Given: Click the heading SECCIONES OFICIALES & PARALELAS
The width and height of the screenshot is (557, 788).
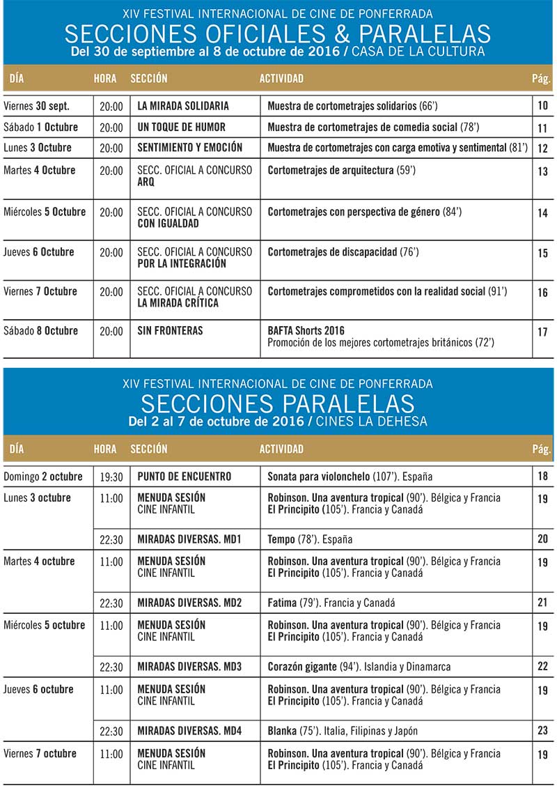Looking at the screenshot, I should pos(278,34).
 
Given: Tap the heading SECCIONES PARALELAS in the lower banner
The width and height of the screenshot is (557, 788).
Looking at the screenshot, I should pos(278,403).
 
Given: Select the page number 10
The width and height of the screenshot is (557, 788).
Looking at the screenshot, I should pos(543,106).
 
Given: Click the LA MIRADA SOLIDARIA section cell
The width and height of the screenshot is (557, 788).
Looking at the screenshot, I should pos(183,106).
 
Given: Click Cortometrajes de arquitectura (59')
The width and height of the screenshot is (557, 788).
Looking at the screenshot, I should pos(342,171).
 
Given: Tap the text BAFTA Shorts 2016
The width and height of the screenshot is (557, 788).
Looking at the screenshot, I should pos(306,331).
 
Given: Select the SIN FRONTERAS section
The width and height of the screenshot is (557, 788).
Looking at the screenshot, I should pos(170,331).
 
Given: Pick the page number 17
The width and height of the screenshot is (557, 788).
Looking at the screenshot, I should pos(543,332).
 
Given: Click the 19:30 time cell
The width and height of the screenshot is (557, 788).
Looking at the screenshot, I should pos(111,477).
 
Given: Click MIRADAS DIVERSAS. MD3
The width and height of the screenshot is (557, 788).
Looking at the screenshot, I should pos(189,667).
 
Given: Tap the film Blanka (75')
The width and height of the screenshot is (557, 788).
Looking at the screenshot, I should pos(292,731).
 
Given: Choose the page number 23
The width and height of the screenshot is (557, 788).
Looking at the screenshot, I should pos(543,731).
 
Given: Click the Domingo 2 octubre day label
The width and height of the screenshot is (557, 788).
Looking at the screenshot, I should pos(43,477).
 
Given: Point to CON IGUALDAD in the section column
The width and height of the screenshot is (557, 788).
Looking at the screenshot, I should pos(168,224).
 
